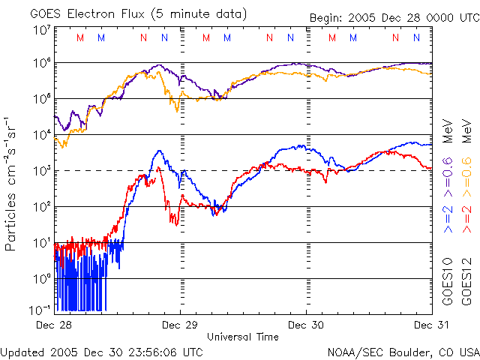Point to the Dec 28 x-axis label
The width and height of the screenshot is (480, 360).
point(54,325)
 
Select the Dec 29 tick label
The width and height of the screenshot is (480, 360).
point(181,325)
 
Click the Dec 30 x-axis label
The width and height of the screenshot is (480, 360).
point(307,325)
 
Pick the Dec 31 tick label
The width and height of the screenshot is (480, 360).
point(432,325)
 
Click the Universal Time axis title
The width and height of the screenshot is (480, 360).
point(243,337)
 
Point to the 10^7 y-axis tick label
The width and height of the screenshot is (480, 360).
point(42,30)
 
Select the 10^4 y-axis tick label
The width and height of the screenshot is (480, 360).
point(42,136)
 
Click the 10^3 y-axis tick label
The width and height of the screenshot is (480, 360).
point(42,172)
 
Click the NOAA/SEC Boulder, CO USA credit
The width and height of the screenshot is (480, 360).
point(403,351)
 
